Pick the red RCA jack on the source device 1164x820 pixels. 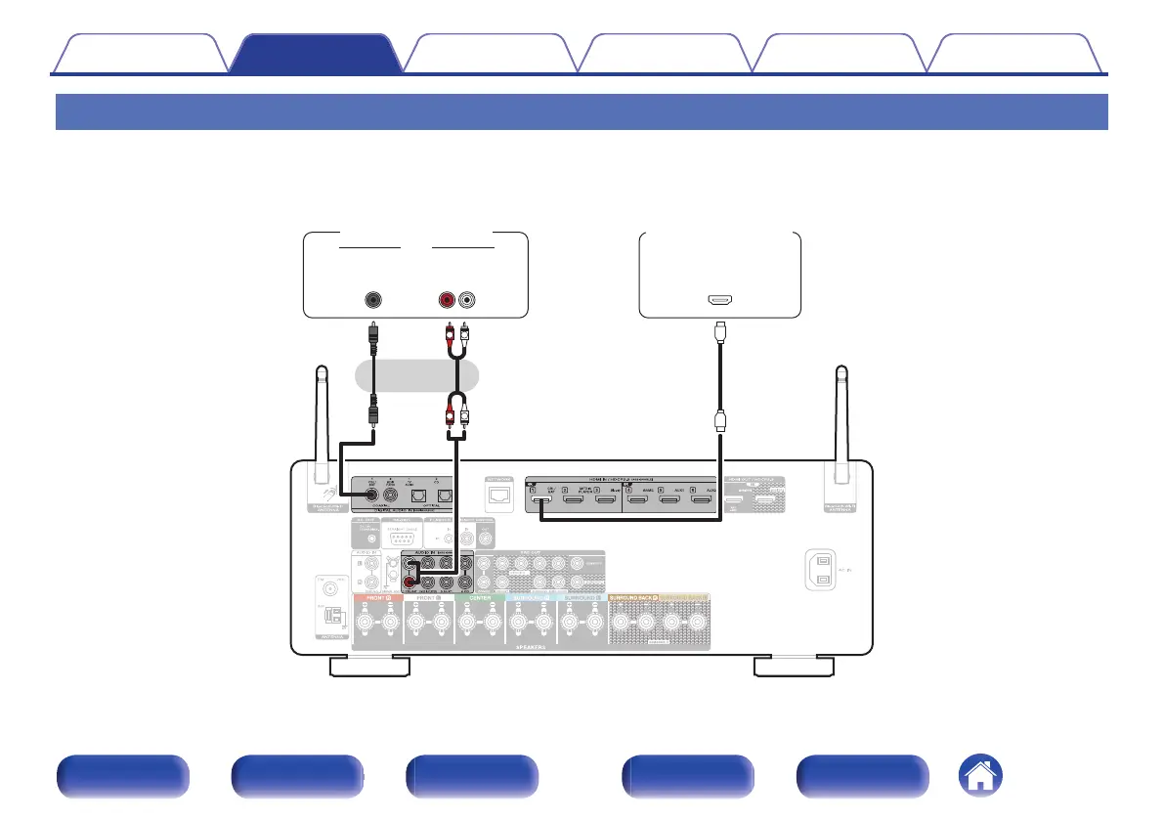[x=450, y=300]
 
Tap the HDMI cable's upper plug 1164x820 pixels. [x=720, y=332]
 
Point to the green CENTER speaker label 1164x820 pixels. [x=480, y=597]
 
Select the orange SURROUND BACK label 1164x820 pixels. [x=634, y=597]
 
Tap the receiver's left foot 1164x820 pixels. [x=369, y=667]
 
